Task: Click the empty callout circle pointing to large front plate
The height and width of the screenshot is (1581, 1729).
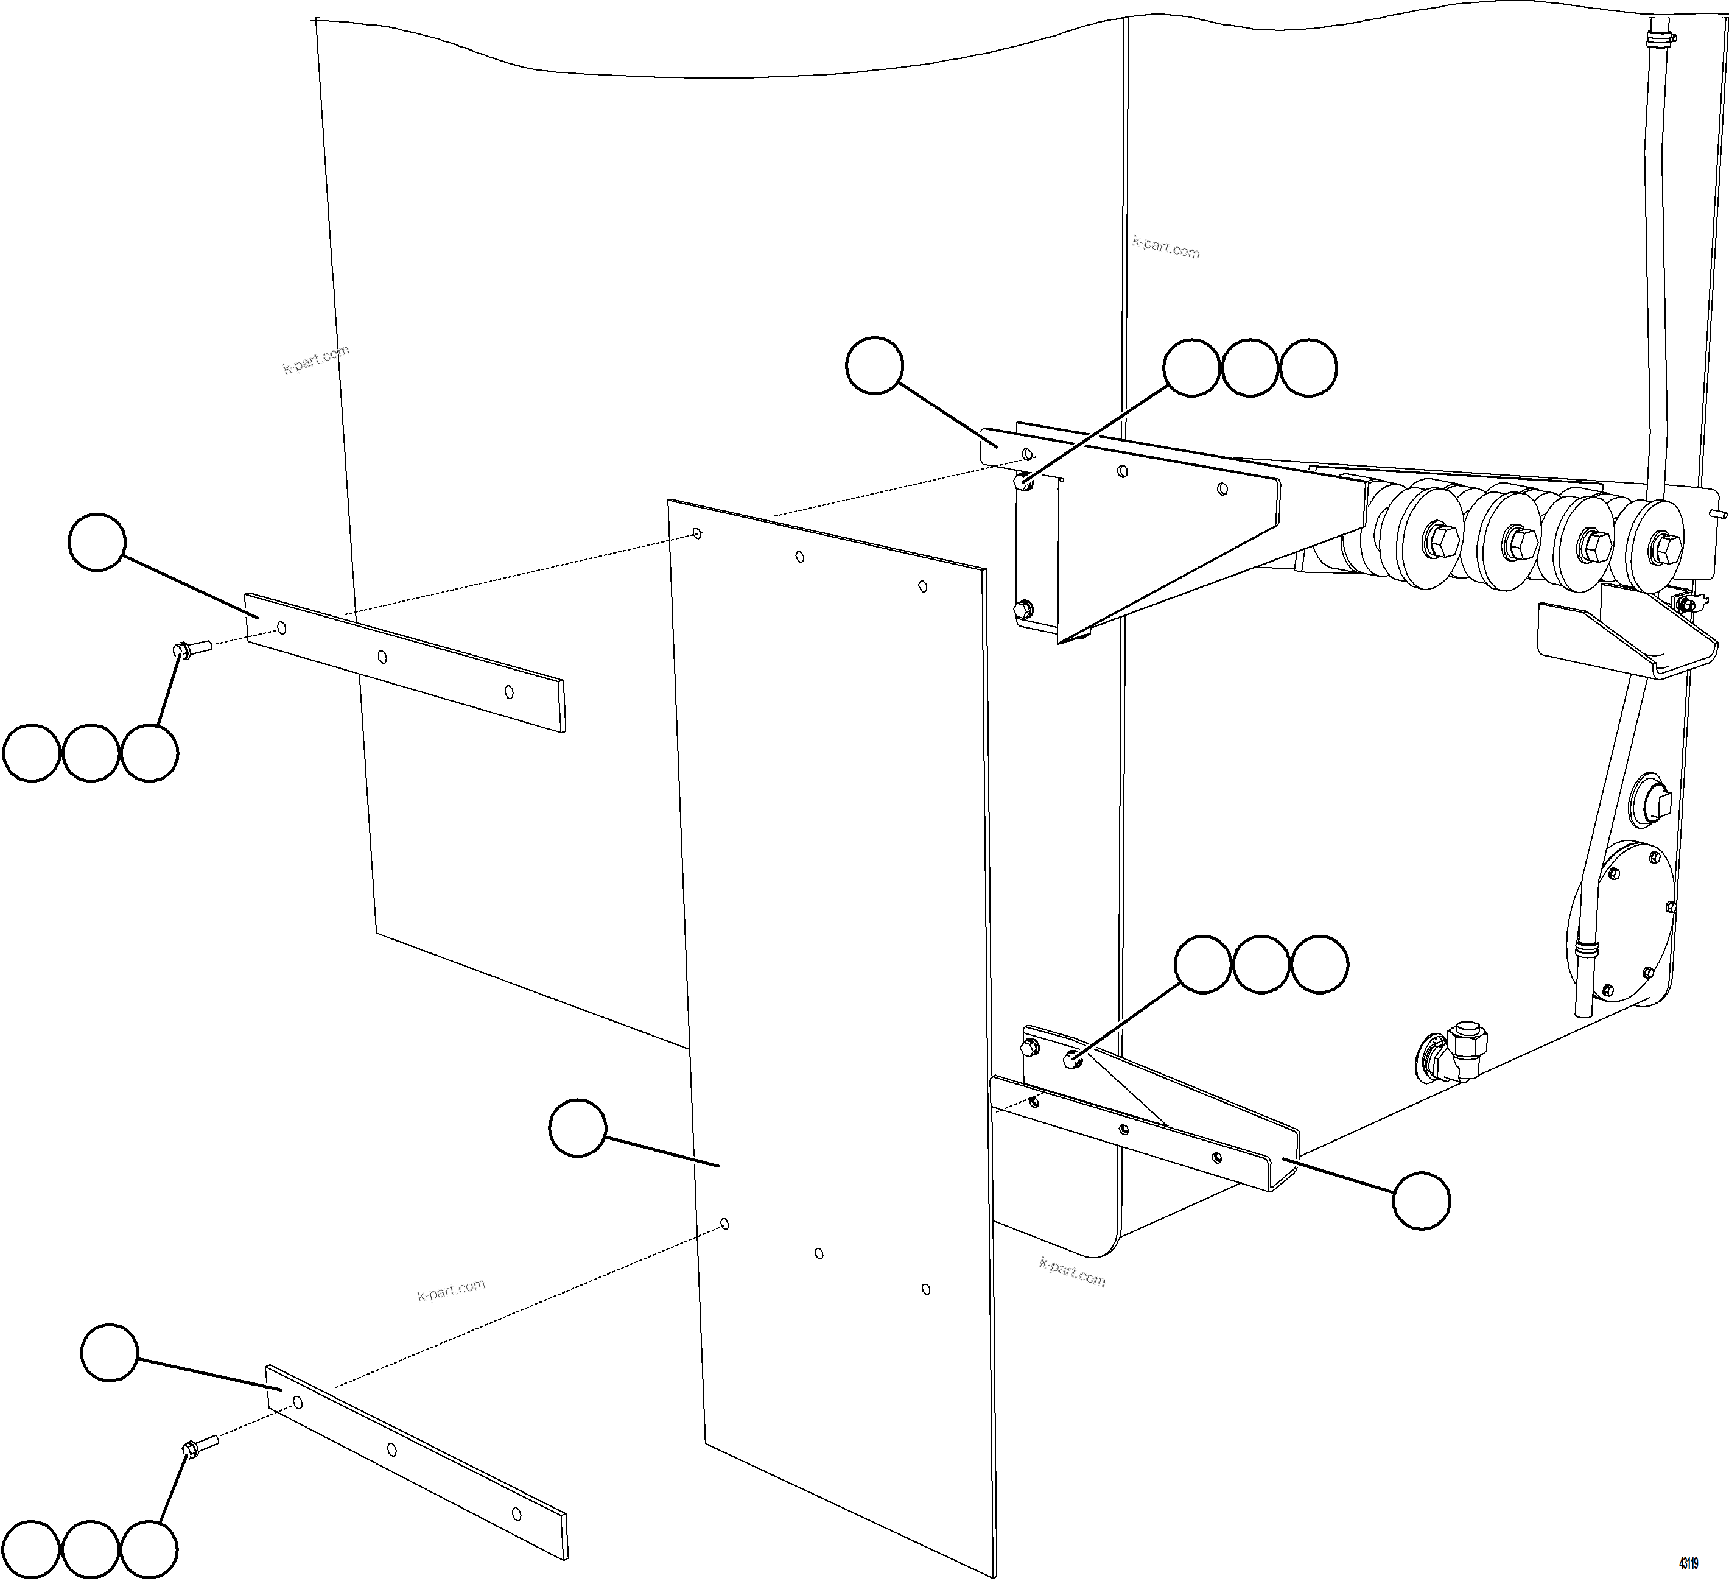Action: [x=577, y=1128]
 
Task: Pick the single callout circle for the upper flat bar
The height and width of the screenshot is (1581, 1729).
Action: [x=97, y=542]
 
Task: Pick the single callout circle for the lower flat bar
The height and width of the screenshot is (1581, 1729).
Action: [x=109, y=1353]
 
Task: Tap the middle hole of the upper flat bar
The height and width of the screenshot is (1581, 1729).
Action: [x=382, y=657]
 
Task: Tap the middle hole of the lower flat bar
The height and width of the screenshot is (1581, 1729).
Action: [x=392, y=1449]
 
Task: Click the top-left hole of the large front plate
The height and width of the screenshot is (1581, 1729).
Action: [x=697, y=533]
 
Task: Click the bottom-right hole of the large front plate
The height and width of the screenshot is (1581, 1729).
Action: [x=925, y=1289]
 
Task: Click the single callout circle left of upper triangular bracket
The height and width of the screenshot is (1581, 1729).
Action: [x=874, y=366]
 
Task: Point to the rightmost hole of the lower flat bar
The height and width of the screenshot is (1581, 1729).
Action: [x=516, y=1514]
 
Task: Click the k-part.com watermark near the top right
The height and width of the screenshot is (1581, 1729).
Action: [x=1165, y=247]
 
